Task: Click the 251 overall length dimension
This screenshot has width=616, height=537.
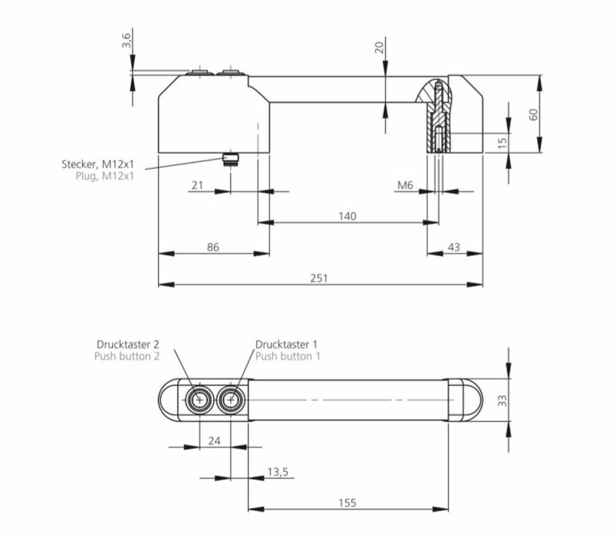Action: click(x=319, y=278)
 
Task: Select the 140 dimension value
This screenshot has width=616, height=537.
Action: click(x=348, y=216)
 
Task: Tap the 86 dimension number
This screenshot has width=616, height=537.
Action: click(x=213, y=247)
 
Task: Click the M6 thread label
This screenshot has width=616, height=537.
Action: click(x=405, y=186)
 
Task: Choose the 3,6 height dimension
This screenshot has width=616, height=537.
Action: click(x=127, y=40)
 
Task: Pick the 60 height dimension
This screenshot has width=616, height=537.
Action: click(x=533, y=114)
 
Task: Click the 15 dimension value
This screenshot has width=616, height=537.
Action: click(x=502, y=142)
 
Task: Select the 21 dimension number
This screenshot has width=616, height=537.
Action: click(x=197, y=186)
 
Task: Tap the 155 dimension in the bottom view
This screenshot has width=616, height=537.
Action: click(x=347, y=503)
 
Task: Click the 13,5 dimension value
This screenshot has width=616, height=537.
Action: click(x=277, y=472)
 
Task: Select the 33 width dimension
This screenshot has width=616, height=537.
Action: click(x=502, y=400)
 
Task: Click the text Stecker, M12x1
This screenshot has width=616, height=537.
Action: click(x=98, y=164)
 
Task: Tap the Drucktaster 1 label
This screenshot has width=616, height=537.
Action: click(x=287, y=344)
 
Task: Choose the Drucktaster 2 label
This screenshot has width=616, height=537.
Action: click(x=128, y=344)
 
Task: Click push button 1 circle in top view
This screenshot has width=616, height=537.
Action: click(x=230, y=400)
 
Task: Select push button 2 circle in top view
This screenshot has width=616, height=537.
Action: click(x=198, y=400)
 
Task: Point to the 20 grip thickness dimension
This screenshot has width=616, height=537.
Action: click(x=379, y=47)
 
